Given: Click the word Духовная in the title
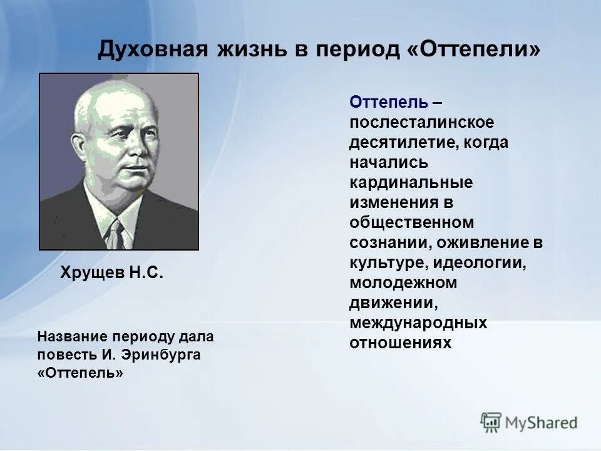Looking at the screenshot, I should [153, 49].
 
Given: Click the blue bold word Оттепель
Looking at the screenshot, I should [389, 102].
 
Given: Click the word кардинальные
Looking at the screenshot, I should [411, 182].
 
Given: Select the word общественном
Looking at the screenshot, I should [412, 222].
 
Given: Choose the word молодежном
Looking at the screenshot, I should [403, 283].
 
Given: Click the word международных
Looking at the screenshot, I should [418, 323].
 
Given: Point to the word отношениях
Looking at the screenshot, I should [400, 343].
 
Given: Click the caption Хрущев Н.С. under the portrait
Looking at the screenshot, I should [111, 272].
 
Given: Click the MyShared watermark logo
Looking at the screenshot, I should [529, 422].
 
